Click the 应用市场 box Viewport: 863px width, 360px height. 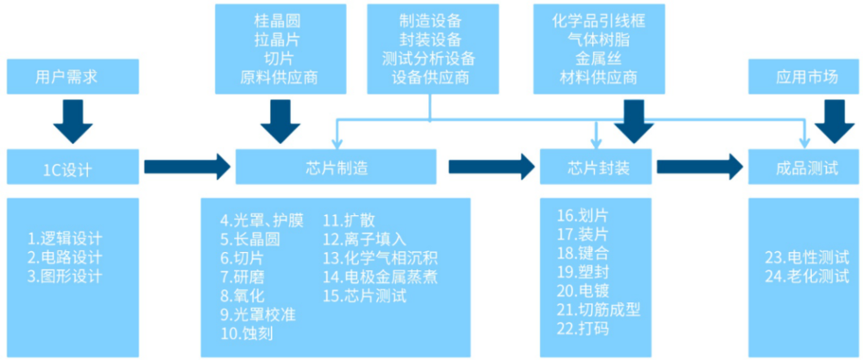[806, 77]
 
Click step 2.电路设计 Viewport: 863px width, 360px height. [65, 257]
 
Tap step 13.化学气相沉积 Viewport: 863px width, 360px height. [381, 257]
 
